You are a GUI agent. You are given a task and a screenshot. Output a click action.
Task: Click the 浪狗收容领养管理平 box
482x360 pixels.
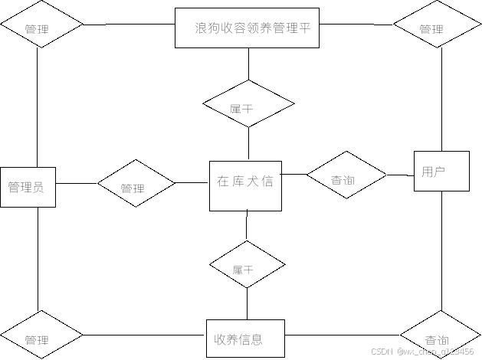(x=247, y=28)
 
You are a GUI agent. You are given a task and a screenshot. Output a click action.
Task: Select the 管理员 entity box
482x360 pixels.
(x=28, y=187)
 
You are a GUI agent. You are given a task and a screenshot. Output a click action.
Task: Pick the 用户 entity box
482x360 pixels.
(x=441, y=172)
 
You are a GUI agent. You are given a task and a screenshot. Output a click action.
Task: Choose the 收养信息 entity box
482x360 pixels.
(x=245, y=339)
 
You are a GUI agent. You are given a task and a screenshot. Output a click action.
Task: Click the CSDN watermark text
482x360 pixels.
(x=421, y=352)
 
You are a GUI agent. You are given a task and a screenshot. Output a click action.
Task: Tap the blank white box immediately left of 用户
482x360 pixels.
(x=395, y=168)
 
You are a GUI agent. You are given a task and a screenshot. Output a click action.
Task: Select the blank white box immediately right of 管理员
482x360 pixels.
(x=83, y=175)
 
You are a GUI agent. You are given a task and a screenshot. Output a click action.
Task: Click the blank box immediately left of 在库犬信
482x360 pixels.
(x=193, y=175)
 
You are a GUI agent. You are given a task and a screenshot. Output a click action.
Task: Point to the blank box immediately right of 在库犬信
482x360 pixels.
(x=294, y=168)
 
